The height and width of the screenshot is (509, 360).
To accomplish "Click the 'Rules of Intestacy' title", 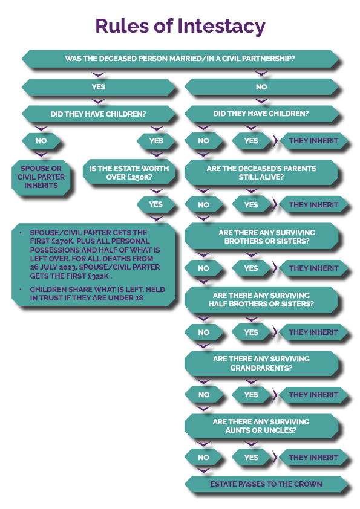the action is (x=180, y=26).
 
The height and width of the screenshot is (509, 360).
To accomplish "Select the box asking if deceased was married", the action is (x=180, y=59).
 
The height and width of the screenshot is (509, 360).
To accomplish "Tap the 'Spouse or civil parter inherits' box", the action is (x=41, y=177).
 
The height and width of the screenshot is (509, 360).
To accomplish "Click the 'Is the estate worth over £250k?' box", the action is (x=129, y=173).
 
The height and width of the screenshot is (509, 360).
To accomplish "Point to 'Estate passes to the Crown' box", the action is (x=266, y=484).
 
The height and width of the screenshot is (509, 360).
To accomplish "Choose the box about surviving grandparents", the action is (x=261, y=363).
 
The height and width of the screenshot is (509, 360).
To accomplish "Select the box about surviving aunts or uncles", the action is (x=261, y=426).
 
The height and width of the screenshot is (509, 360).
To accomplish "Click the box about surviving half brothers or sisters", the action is (x=261, y=300).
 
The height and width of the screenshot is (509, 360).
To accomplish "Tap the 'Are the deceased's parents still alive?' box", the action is (x=261, y=173).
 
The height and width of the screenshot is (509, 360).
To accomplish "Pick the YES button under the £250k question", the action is (x=155, y=204).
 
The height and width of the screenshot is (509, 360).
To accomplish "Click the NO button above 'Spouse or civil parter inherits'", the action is (x=41, y=141).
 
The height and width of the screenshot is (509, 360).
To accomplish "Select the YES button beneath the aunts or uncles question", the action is (x=251, y=458).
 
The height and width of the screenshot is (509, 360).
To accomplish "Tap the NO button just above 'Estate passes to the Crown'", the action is (x=203, y=458).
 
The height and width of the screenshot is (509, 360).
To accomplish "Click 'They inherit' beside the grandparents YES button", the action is (x=313, y=395).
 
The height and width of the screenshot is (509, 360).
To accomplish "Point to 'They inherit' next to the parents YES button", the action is (x=313, y=205).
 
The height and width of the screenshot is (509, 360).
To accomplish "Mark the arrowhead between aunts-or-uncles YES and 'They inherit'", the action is (x=275, y=458).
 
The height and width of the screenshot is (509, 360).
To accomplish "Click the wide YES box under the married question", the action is (x=99, y=87).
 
